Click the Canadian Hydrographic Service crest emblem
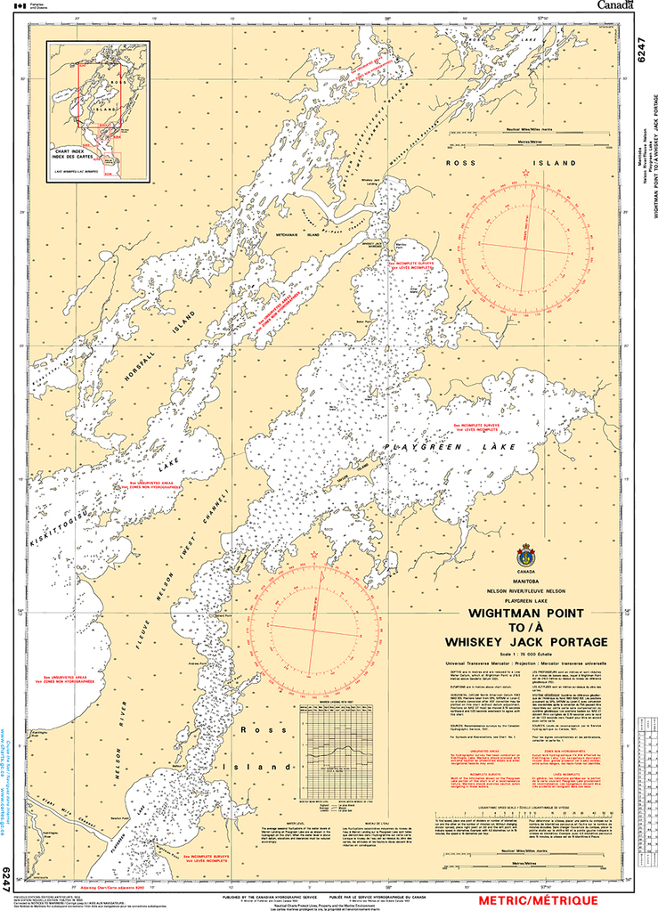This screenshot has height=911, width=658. click(x=526, y=556)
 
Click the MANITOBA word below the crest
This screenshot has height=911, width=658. click(x=526, y=582)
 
